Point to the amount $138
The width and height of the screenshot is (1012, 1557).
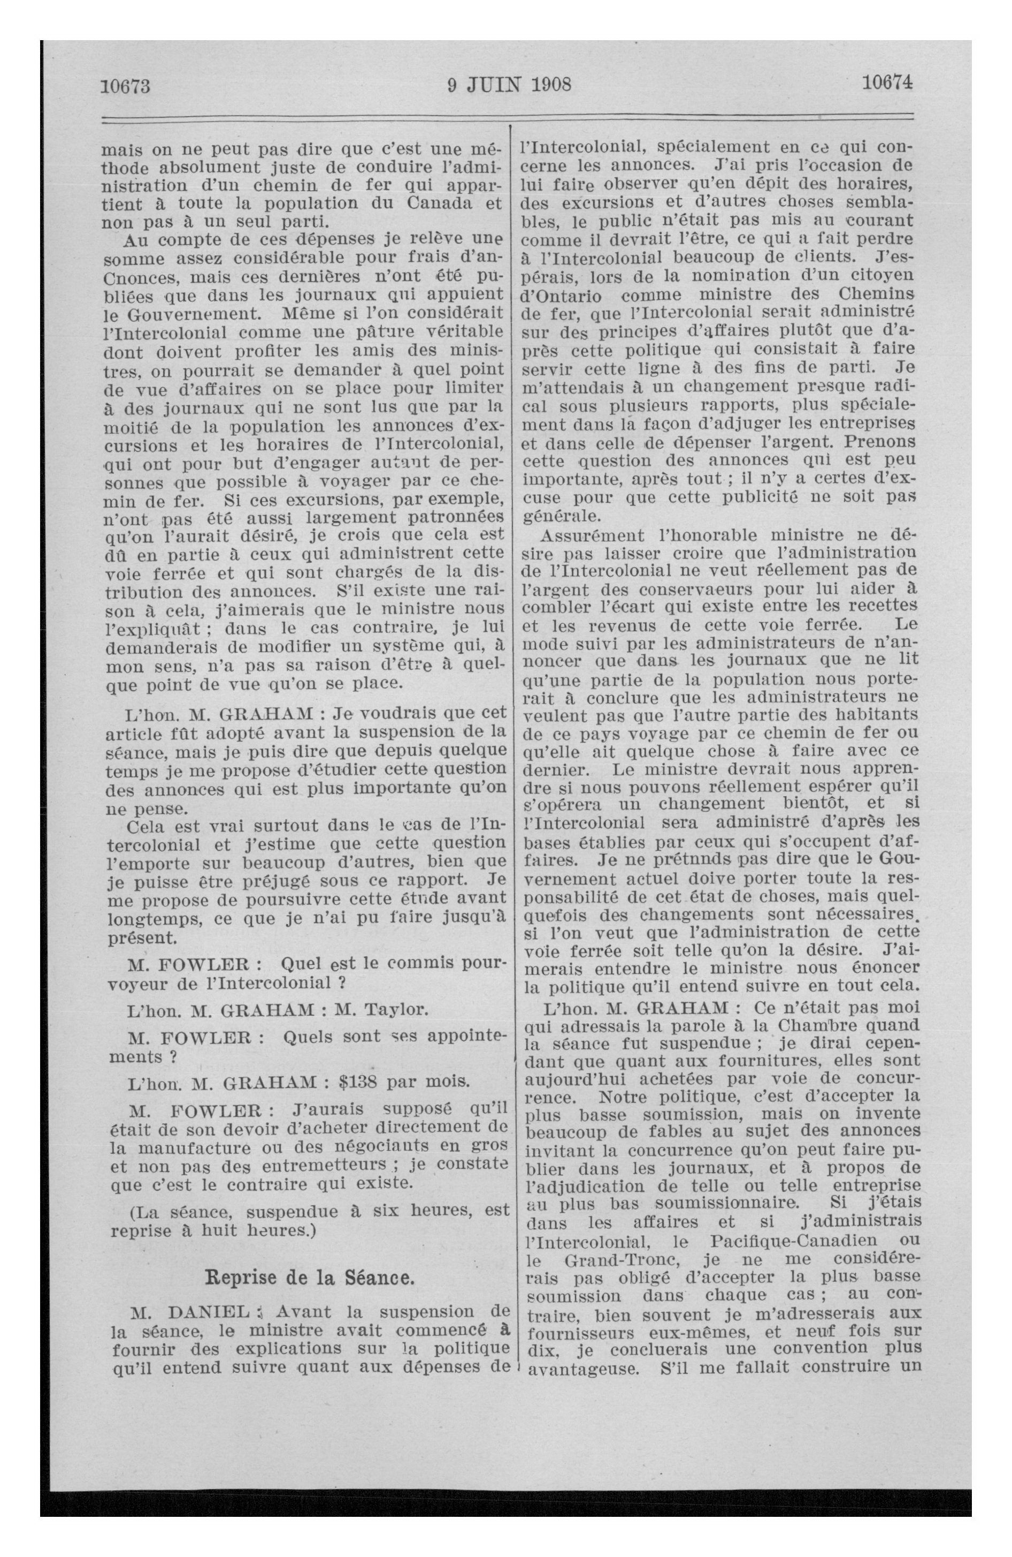click(358, 1082)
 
